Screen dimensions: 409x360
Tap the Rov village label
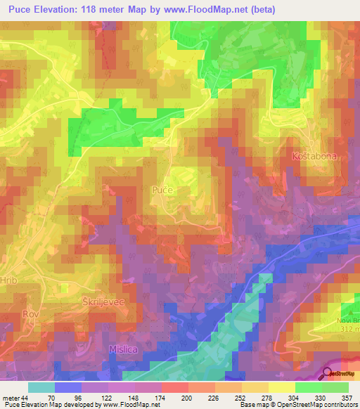[x=30, y=313]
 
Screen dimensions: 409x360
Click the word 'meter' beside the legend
[x=11, y=399]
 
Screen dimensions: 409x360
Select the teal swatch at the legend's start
[x=41, y=387]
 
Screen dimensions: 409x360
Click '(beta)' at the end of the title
[x=260, y=9]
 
